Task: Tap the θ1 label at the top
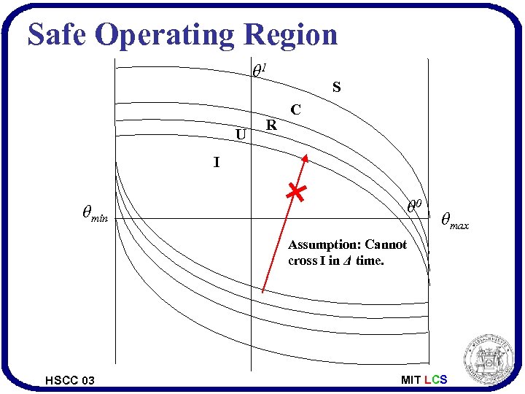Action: (x=259, y=71)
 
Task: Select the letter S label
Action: (x=336, y=88)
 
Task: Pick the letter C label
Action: (x=295, y=110)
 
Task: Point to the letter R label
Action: (x=271, y=125)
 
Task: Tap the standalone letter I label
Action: (x=216, y=163)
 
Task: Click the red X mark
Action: (x=295, y=193)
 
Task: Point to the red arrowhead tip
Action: (x=306, y=156)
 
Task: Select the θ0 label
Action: (x=414, y=206)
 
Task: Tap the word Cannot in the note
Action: (x=386, y=245)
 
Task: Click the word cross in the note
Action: (x=303, y=261)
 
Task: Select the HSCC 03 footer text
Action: (x=69, y=380)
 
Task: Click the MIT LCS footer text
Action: (x=424, y=380)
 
